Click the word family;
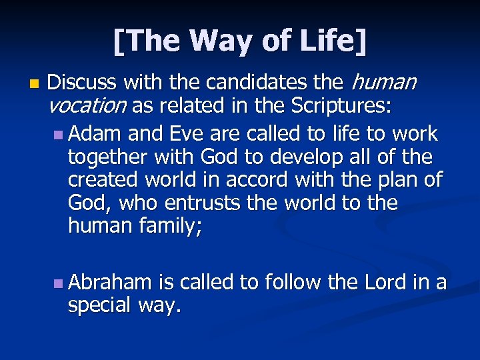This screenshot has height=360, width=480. click(171, 227)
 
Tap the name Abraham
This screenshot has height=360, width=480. click(110, 283)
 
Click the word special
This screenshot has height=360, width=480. click(99, 306)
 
